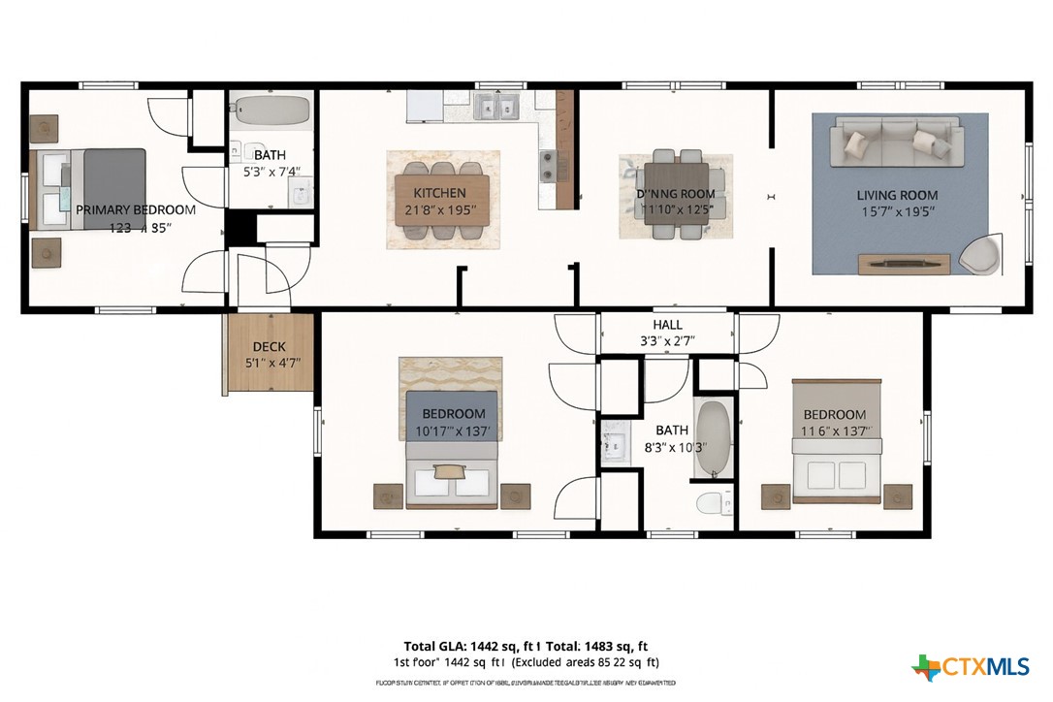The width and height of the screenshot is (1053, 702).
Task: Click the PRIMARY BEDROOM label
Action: coord(136,209)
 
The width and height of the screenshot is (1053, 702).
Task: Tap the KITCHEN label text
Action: coord(439,193)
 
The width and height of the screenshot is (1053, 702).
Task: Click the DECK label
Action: coord(269,346)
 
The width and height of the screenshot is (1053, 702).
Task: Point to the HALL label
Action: coord(667,325)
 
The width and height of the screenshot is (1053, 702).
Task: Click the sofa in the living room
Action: coord(898,143)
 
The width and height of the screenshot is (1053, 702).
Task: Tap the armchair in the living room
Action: coord(980,255)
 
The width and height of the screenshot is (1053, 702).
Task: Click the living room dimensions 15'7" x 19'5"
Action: coord(897,210)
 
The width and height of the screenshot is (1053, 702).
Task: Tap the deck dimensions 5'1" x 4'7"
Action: coord(269,363)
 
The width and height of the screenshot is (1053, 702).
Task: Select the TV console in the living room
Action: coord(904,265)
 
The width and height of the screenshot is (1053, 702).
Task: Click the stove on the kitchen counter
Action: coord(549,166)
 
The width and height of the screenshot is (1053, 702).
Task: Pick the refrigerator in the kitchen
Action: coord(425,106)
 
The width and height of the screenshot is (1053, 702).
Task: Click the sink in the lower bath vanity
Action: coord(614,445)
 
